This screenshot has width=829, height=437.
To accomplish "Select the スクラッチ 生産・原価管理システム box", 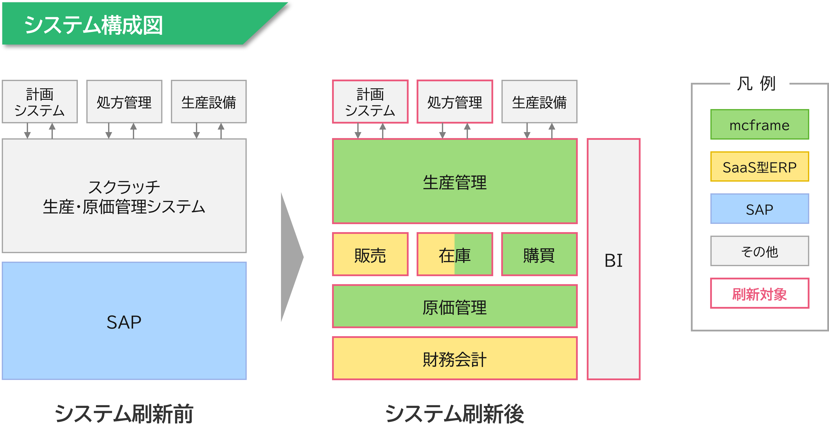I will coord(124,196).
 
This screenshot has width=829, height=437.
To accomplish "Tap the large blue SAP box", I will coord(124,321).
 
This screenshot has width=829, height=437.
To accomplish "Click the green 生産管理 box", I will coord(455,181).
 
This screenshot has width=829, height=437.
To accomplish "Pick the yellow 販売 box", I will coord(370,254).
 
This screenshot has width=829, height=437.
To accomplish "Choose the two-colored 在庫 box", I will coord(455,254).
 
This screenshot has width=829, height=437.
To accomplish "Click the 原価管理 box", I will coord(455,306).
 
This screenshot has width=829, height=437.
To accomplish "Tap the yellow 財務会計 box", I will coord(455,358).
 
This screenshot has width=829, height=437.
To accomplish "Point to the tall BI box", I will coord(613,259).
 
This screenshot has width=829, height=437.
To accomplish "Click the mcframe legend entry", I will coord(759,125).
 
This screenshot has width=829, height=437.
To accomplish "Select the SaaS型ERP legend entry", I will coord(759,167).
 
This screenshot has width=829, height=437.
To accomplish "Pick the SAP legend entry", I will coord(759,209).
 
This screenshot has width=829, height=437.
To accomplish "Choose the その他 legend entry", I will coord(759,251).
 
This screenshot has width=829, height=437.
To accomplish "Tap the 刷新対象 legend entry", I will coord(759,293).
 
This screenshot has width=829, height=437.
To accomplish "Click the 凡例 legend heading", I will coord(759,82).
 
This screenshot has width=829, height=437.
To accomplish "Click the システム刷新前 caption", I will coord(124,413).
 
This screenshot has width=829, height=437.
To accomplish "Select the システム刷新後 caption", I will coord(455,413).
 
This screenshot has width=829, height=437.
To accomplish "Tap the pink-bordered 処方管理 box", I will coord(455,102).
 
